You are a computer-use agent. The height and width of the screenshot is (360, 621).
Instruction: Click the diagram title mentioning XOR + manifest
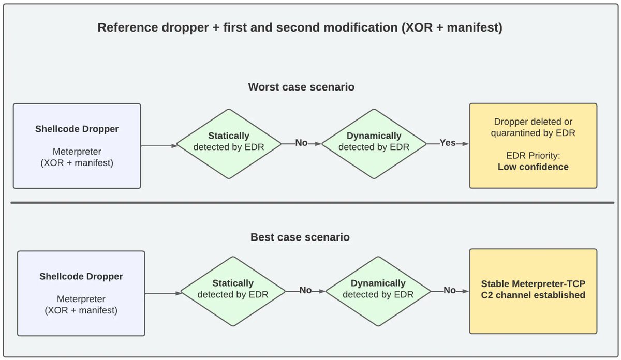pos(300,27)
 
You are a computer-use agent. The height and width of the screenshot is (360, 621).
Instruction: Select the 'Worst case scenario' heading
pos(301,87)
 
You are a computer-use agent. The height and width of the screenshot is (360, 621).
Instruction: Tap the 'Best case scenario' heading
pos(300,237)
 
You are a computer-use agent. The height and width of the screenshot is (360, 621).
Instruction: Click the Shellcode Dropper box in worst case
pos(77,146)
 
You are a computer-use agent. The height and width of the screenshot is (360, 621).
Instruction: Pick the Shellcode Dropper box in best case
pos(81,293)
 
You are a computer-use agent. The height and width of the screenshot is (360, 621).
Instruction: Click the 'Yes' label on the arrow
pos(448,143)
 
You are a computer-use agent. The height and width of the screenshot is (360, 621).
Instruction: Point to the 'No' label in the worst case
pos(301,143)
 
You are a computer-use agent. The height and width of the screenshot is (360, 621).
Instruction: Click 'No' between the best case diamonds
pos(305,290)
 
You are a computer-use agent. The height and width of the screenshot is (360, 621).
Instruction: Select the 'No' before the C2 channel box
pos(450,290)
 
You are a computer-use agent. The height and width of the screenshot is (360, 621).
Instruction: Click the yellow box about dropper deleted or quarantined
pos(533,146)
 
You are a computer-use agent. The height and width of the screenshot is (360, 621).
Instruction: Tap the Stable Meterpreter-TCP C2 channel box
pos(533,291)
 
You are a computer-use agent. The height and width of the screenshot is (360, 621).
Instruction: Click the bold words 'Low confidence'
pos(533,167)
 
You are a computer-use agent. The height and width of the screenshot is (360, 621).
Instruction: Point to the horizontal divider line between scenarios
pos(310,203)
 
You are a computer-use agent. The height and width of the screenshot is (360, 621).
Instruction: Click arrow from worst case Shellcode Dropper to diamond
pos(159,146)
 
